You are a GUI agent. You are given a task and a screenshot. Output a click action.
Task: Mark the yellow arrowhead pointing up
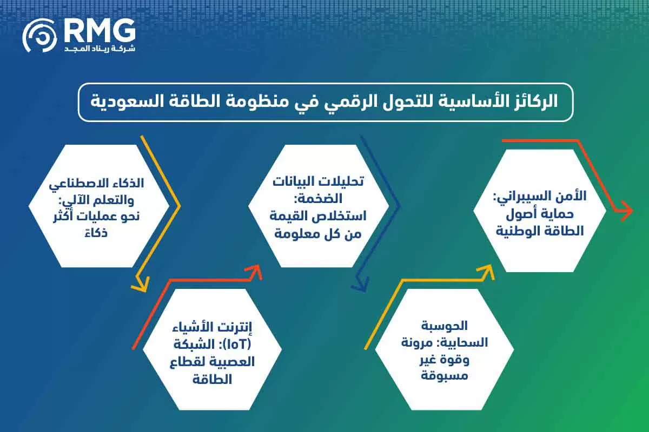[487, 272]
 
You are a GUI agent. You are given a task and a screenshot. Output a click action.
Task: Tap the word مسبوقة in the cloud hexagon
[443, 374]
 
